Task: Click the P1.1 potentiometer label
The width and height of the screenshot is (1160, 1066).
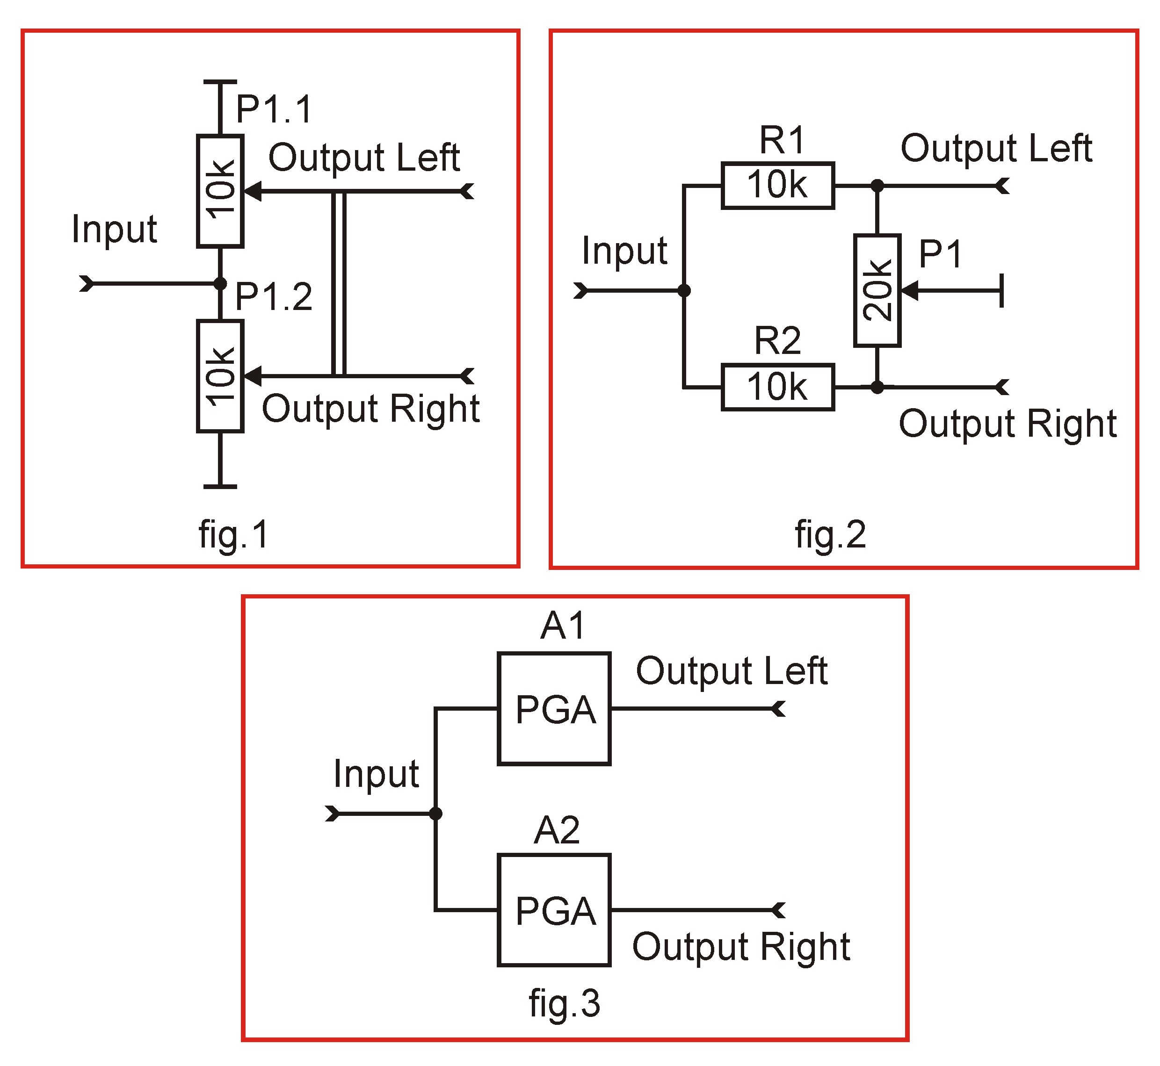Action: pos(274,109)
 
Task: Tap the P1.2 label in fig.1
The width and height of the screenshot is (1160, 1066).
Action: pos(274,297)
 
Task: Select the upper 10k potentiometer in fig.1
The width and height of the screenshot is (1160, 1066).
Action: pos(220,191)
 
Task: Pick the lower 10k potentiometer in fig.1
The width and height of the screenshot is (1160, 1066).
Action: pos(220,376)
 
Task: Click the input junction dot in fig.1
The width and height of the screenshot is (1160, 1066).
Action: pos(220,283)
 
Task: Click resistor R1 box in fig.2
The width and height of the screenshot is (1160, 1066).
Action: pos(777,186)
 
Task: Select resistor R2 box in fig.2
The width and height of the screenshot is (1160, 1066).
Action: pos(777,387)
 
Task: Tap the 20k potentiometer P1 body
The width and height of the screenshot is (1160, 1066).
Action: pos(877,290)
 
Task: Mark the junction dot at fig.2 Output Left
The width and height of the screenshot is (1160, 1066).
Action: pos(877,186)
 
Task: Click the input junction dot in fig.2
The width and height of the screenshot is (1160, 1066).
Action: pos(684,290)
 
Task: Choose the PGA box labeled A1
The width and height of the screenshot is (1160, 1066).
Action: pos(554,709)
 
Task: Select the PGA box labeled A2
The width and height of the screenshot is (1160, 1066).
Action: pos(554,910)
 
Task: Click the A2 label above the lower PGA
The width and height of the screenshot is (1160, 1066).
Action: pos(556,831)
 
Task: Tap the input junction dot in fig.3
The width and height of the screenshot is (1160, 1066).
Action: pos(436,814)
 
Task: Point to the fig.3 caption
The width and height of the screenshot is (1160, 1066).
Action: pos(565,1003)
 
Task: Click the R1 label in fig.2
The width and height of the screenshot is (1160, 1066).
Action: pos(782,140)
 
